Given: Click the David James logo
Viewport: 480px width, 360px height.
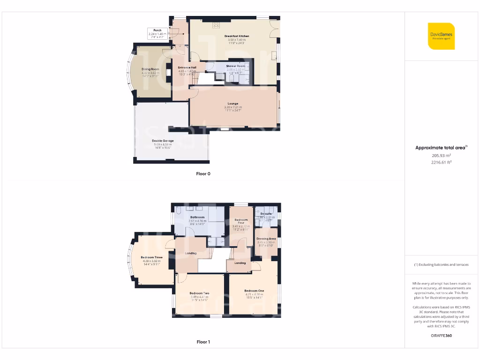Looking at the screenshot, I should tap(441, 36).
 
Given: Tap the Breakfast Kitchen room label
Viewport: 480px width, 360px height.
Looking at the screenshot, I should tap(237, 36).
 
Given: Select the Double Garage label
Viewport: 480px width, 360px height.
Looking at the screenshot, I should tap(163, 141).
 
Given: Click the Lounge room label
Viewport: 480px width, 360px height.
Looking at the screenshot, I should tap(233, 104).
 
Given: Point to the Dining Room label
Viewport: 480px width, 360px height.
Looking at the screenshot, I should tap(150, 69).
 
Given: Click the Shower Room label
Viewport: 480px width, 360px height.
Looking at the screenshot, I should tap(236, 66).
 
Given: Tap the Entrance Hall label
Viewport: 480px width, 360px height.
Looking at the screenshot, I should tap(187, 67).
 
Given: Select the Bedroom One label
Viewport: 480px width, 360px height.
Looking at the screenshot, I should tap(254, 291).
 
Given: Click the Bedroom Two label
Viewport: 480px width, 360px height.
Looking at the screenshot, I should tap(199, 293).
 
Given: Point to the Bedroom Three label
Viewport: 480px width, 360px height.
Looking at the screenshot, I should tap(151, 257).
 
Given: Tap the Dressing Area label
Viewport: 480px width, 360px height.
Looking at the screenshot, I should tap(266, 239).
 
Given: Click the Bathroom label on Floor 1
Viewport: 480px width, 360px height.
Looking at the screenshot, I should tap(197, 217).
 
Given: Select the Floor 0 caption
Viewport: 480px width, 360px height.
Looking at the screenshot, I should tap(203, 174).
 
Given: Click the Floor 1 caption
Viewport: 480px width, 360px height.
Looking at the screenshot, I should tap(203, 342).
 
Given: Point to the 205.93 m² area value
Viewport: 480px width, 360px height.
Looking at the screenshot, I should tap(441, 155).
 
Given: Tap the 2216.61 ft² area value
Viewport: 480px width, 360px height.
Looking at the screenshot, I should tap(441, 162).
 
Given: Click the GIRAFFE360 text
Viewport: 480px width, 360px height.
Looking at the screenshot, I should tap(441, 336).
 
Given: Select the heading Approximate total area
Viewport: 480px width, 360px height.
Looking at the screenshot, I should tap(441, 148).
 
